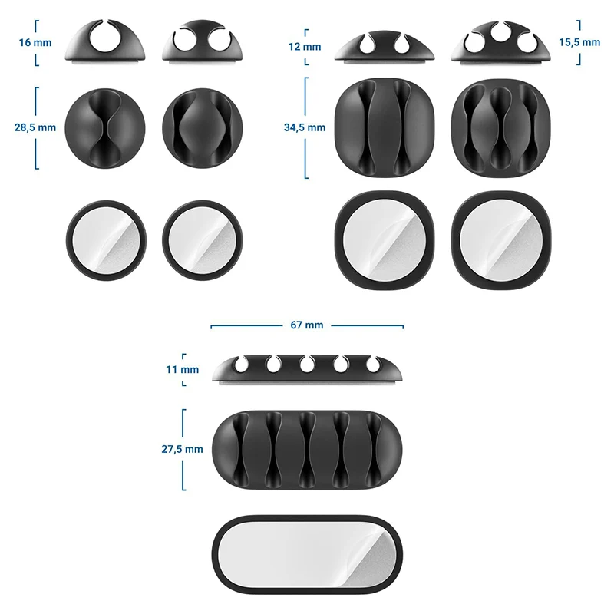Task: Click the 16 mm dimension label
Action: point(33,42)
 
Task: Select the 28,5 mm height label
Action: point(33,127)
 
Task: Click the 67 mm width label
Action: point(307,325)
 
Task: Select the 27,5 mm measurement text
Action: point(183,449)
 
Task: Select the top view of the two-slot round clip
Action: point(201,127)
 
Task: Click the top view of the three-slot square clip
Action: point(501,127)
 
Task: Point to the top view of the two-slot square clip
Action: point(384,127)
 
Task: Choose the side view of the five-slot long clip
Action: point(307,368)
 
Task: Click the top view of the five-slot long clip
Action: point(307,449)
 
